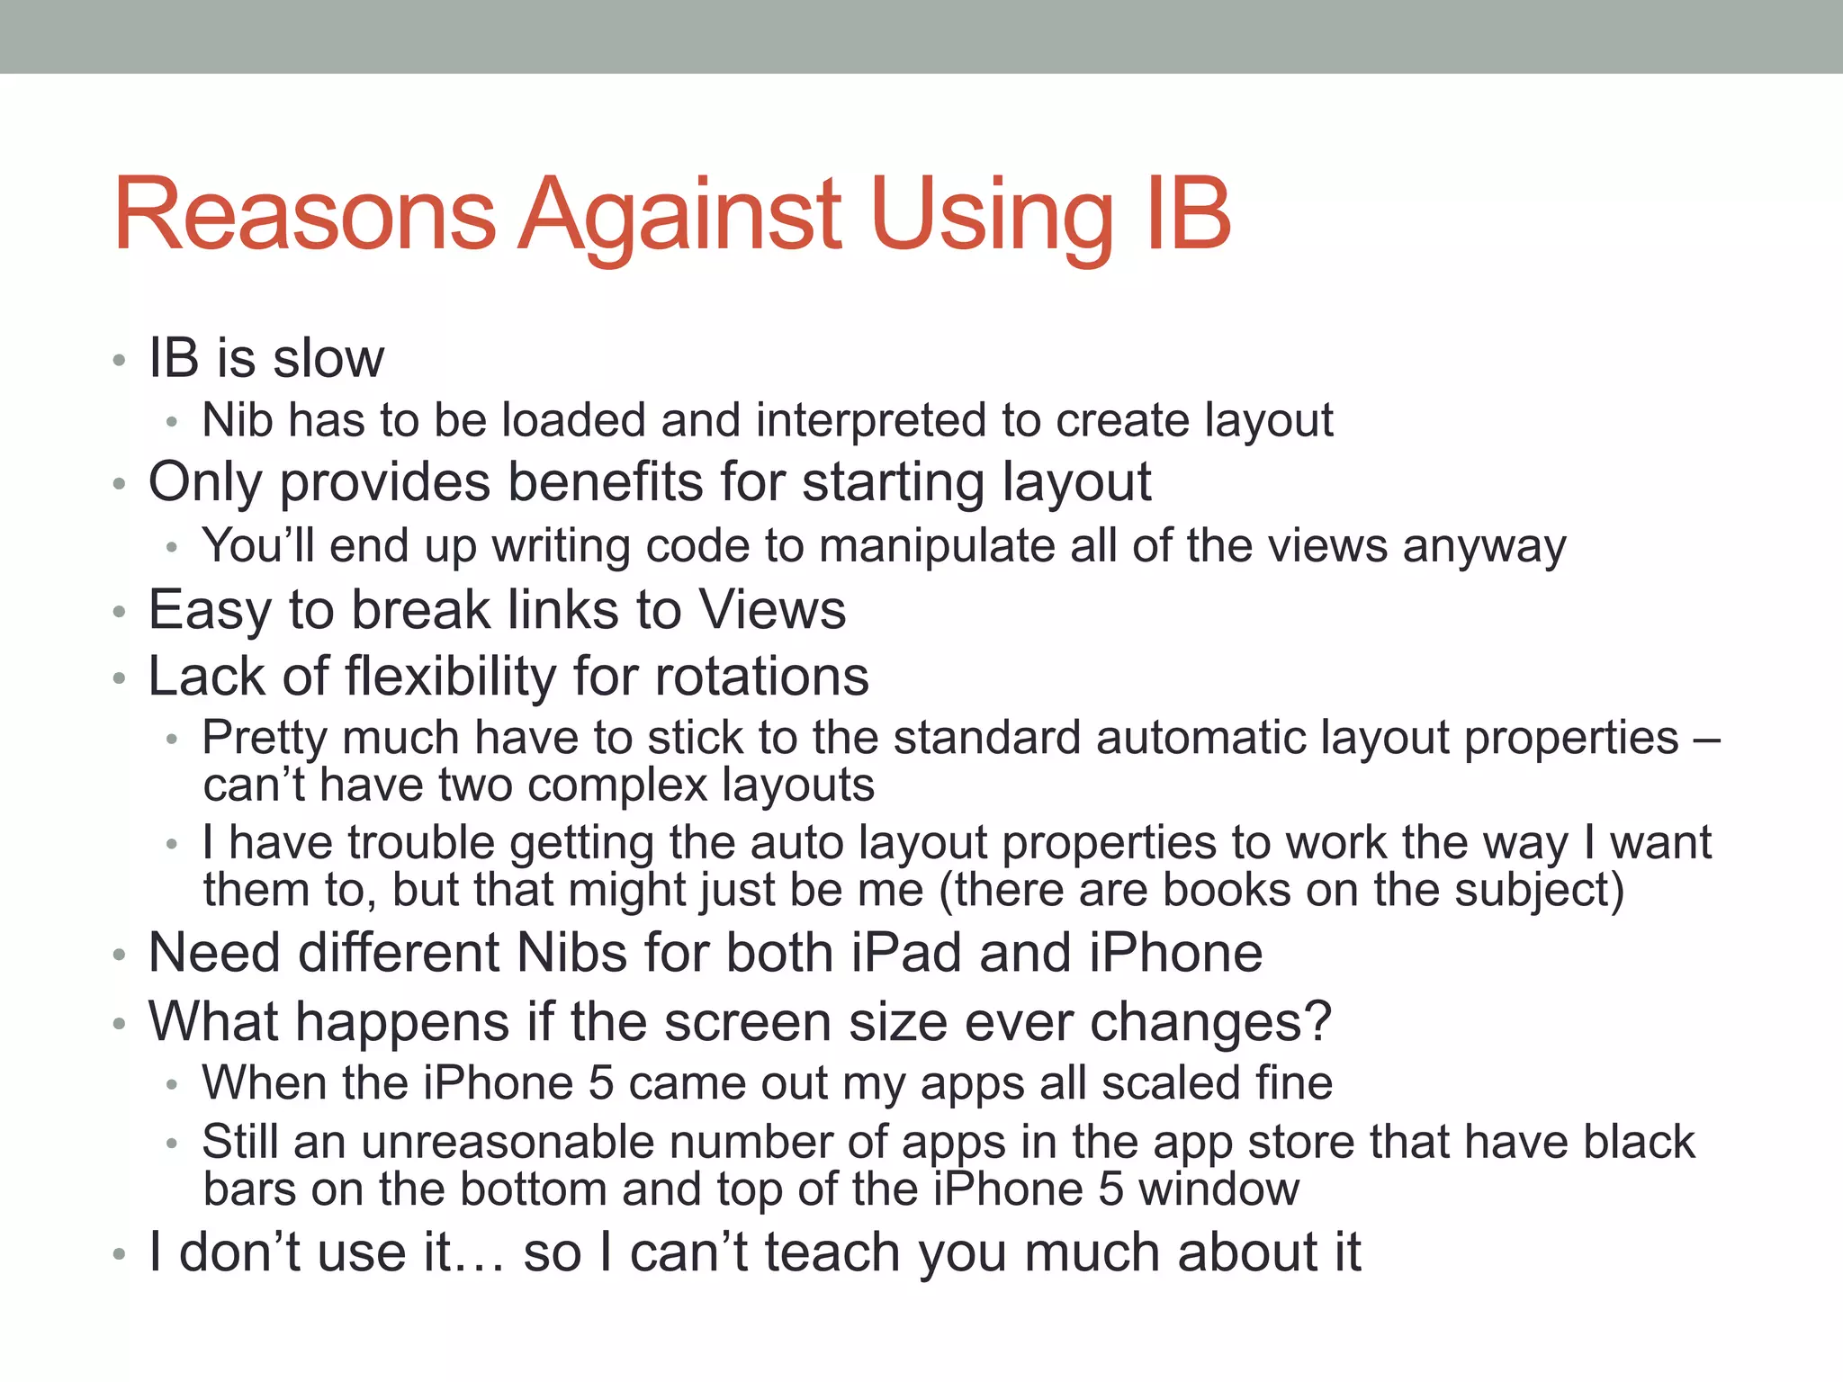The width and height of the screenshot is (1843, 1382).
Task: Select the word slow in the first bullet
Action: tap(328, 358)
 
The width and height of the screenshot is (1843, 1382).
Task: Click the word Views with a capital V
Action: tap(772, 610)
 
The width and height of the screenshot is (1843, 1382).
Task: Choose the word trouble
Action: tap(421, 843)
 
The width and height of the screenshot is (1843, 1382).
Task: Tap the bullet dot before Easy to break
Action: tap(119, 613)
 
